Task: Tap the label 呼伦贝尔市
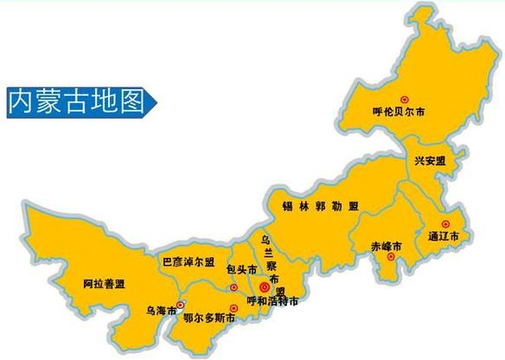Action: [399, 112]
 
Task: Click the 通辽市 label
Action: [442, 235]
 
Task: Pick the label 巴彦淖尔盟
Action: [189, 260]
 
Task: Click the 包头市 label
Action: [243, 270]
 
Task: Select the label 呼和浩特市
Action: [272, 301]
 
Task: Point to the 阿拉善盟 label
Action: [104, 284]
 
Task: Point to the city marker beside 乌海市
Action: [180, 305]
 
